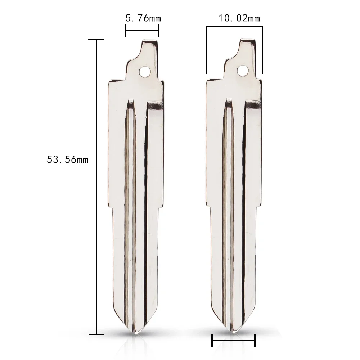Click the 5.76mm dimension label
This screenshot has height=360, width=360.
(143, 18)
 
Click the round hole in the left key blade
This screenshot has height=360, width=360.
(145, 71)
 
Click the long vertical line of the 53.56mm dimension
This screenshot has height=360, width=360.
(97, 180)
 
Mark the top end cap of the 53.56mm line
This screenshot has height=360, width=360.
(97, 40)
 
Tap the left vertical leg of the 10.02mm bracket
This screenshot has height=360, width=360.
(207, 50)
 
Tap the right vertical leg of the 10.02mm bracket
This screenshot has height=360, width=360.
(262, 50)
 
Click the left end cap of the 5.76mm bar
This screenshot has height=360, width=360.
(125, 31)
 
